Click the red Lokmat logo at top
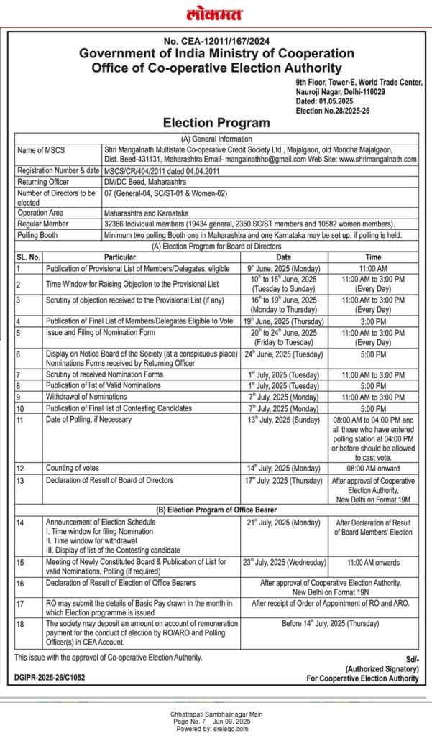tap(214, 14)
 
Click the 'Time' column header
tap(373, 257)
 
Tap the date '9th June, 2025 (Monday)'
tap(283, 267)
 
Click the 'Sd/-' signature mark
tap(411, 658)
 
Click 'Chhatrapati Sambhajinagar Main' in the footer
tap(216, 713)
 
